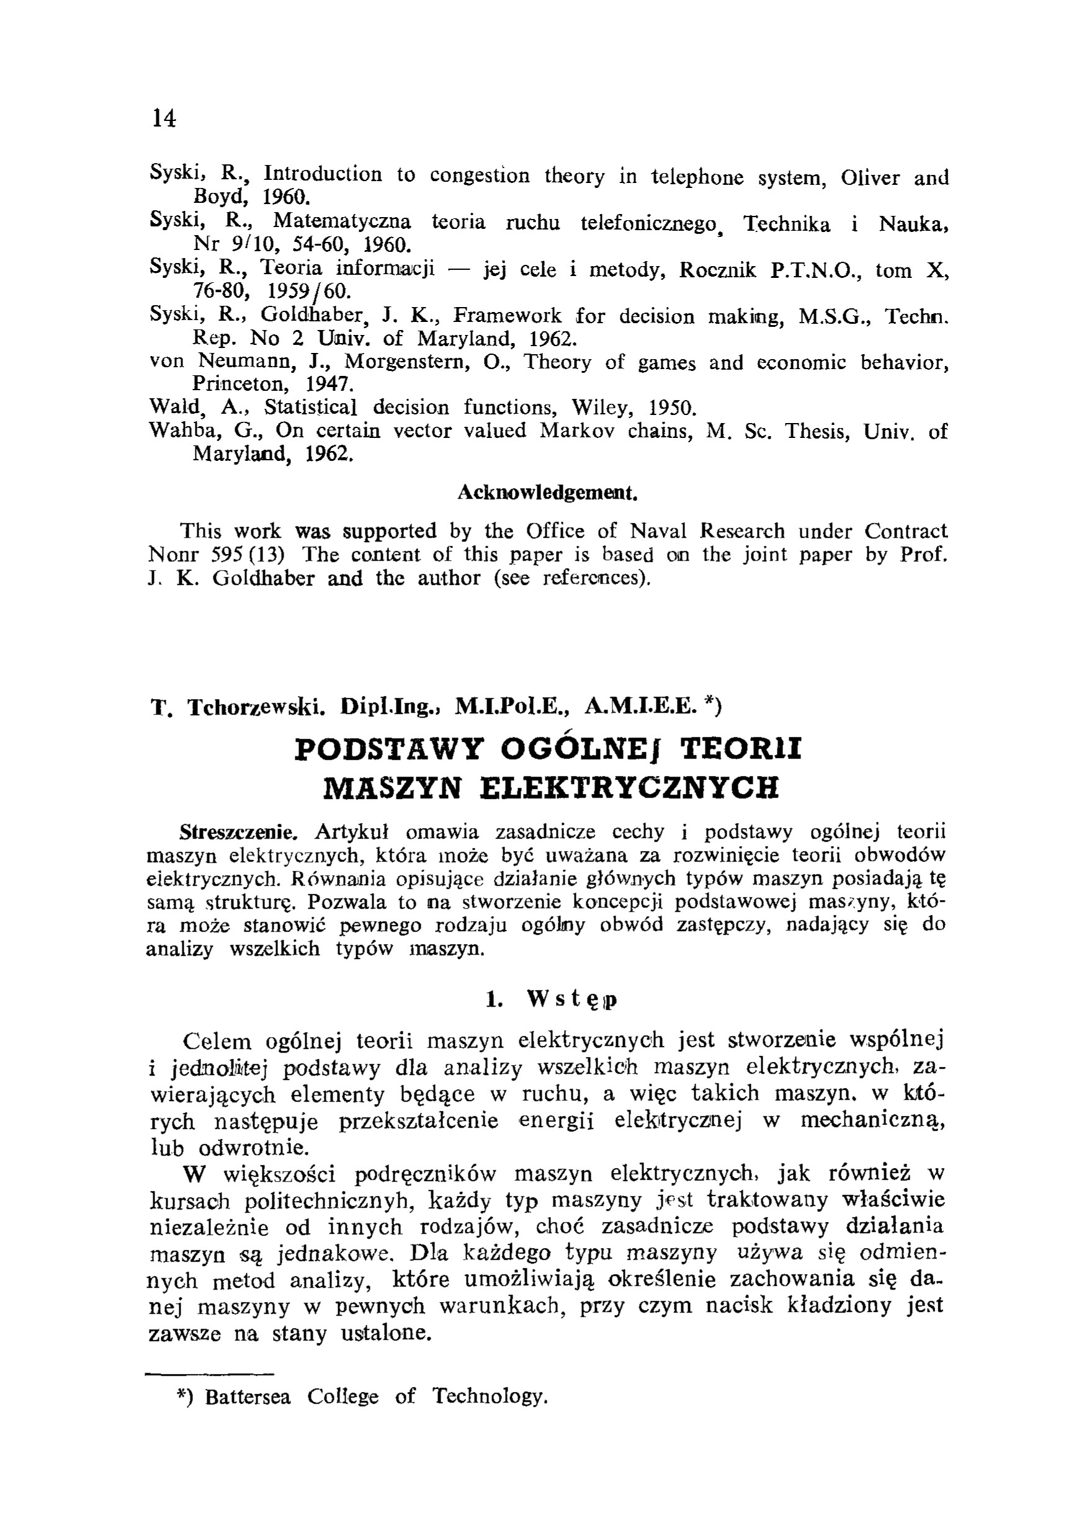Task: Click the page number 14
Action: coord(164,118)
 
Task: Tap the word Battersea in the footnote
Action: coord(248,1398)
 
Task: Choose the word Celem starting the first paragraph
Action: coord(217,1041)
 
